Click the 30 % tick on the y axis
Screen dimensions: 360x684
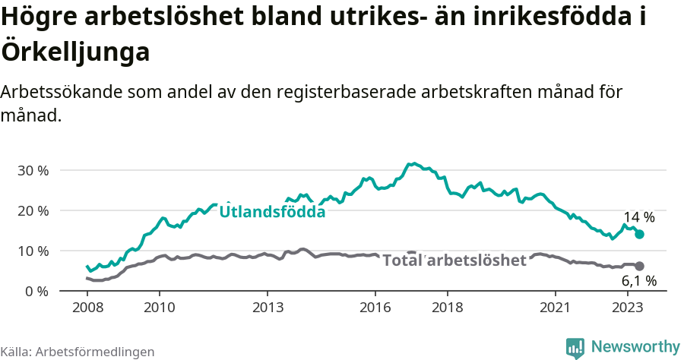coord(32,170)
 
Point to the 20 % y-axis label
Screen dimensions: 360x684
coord(32,210)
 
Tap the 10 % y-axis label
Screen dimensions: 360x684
coord(32,251)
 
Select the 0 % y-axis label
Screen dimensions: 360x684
coord(36,291)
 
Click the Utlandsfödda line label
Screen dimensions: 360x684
coord(272,212)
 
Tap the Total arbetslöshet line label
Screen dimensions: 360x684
coord(454,261)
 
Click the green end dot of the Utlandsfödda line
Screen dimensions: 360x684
coord(640,235)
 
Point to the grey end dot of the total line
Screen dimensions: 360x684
coord(640,266)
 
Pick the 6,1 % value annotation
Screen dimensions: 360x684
coord(638,281)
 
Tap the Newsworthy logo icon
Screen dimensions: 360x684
coord(575,348)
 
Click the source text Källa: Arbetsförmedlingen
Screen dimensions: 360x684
coord(78,352)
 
